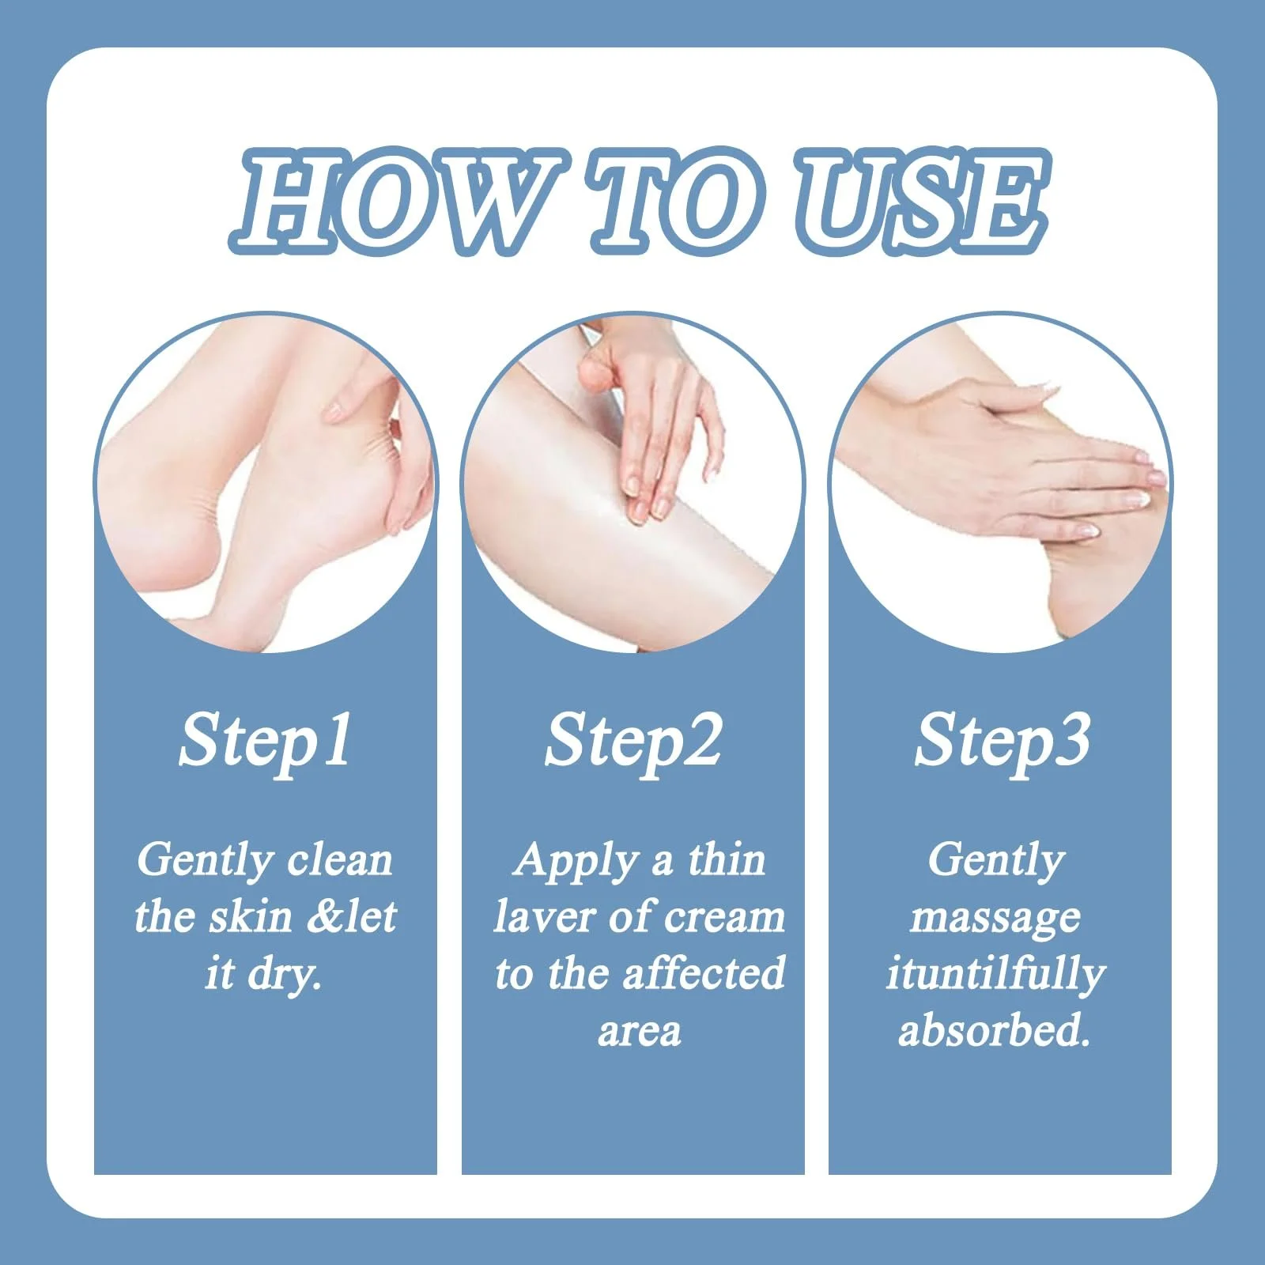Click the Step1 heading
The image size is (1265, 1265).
tap(265, 742)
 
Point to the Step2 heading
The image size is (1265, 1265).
tap(633, 742)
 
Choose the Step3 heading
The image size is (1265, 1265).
tap(1002, 742)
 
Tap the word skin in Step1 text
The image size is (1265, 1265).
tap(251, 916)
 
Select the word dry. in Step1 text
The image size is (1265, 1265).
tap(285, 975)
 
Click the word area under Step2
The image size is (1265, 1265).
tap(639, 1033)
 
